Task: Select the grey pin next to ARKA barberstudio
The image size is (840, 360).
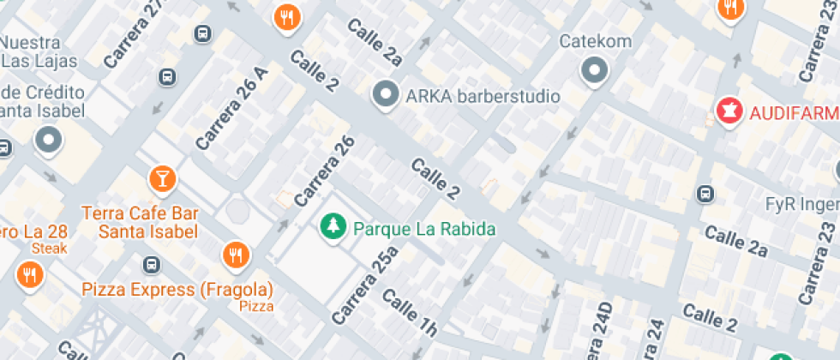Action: tap(386, 95)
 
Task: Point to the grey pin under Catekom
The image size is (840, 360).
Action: tap(594, 70)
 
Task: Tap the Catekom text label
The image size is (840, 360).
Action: tap(595, 41)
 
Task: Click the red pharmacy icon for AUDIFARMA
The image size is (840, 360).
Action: tap(729, 112)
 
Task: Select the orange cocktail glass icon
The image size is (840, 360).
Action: tap(161, 179)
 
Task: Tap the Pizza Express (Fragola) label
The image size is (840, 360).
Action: tap(177, 289)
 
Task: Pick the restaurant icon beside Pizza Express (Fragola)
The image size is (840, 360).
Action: tap(234, 255)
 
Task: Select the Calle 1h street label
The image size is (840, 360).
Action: tap(410, 313)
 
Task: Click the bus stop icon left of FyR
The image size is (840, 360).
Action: tap(705, 195)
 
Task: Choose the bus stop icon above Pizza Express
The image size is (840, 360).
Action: tap(152, 263)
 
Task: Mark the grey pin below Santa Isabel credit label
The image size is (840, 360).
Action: tap(49, 140)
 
